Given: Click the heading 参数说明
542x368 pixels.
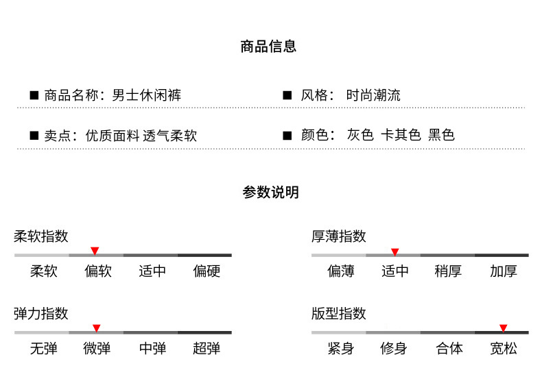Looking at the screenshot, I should [270, 193].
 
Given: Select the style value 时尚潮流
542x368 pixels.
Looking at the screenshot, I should [374, 95].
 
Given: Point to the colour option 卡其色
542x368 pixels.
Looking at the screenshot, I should [401, 135].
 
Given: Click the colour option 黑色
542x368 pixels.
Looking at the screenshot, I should [441, 135].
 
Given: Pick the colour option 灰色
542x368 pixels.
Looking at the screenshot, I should [360, 135].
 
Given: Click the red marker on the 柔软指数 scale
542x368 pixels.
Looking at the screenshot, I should [95, 251].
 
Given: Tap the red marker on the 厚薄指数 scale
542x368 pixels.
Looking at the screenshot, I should [394, 252].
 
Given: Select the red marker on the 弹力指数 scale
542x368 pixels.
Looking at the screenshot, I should [97, 328].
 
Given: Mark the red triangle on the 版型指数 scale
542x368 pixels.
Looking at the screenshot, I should [503, 328].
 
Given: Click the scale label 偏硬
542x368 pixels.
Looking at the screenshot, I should [207, 271].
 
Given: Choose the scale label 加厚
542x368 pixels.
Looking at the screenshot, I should [503, 271].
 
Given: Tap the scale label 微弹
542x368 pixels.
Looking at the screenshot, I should [97, 349].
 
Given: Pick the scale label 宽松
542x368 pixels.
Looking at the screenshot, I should [503, 349].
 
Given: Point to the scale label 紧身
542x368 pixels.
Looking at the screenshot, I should [340, 349].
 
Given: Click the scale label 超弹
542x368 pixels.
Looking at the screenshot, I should [207, 349].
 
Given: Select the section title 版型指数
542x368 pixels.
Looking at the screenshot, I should [339, 314].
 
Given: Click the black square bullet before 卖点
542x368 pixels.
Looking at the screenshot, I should [34, 135].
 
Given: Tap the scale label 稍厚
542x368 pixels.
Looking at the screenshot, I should [448, 271].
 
